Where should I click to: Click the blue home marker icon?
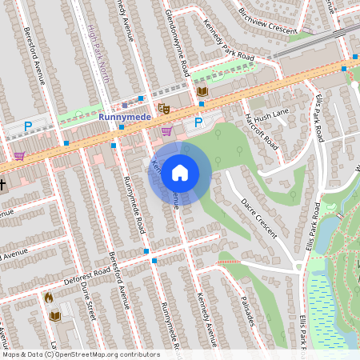coord(180,172)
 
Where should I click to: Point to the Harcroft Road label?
coord(261,130)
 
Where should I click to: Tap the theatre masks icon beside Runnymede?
coord(165,108)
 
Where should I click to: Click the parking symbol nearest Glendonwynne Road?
coord(198,122)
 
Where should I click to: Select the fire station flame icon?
coord(48,298)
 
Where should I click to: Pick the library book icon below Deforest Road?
coord(54,316)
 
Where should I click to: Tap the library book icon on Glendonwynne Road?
coord(202,92)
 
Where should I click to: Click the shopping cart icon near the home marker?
coord(166,131)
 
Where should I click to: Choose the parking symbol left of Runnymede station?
coord(29,126)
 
